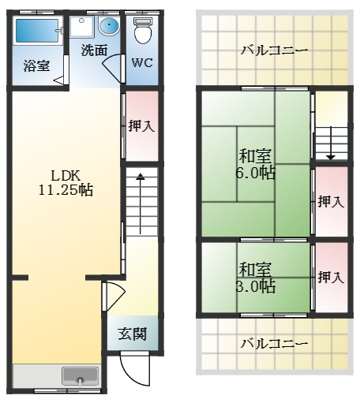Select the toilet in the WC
142,32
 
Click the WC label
142,62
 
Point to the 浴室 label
36,66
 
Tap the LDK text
66,174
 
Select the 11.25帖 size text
66,190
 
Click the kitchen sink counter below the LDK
56,376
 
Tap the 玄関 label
132,334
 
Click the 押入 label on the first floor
141,125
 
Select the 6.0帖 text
255,173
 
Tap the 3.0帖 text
255,285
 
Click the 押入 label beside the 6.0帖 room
330,201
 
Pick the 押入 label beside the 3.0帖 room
330,277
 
